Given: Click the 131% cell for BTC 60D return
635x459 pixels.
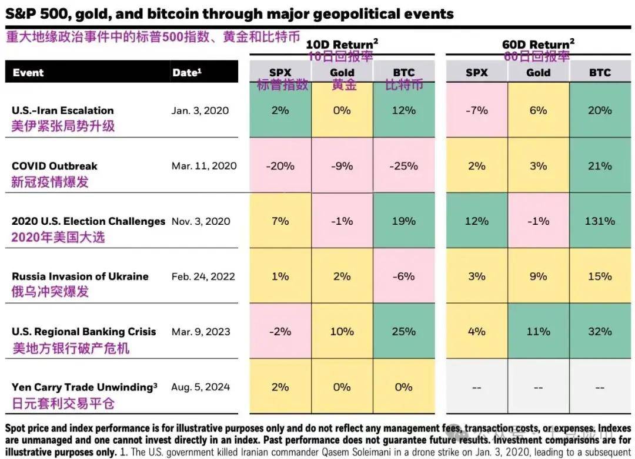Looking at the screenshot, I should (x=600, y=221).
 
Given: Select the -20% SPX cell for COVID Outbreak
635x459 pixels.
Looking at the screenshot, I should (x=280, y=166).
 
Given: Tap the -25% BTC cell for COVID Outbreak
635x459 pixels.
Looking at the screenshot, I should (x=403, y=166).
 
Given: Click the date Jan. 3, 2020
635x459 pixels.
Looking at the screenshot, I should (x=200, y=110).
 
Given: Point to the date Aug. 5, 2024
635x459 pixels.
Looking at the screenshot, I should (x=200, y=387).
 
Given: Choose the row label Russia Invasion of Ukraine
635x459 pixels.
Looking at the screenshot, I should (x=80, y=276).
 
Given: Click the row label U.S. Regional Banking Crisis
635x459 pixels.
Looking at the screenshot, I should (x=84, y=332).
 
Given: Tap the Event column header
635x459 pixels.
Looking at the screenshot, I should (x=28, y=73).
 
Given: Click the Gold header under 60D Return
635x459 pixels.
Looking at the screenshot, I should (x=538, y=73).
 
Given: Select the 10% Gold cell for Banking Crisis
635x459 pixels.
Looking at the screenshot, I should (x=342, y=332).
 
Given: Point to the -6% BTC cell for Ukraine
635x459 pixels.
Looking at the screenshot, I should (x=403, y=276).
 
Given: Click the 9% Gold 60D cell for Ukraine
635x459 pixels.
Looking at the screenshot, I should (x=538, y=276).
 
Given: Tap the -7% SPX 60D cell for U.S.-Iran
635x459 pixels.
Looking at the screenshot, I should (x=476, y=110).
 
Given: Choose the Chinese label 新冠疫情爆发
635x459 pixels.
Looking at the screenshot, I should (x=50, y=182).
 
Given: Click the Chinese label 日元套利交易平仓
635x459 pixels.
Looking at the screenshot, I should (x=63, y=403).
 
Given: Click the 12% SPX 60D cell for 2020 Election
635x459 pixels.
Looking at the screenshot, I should (x=476, y=221).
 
